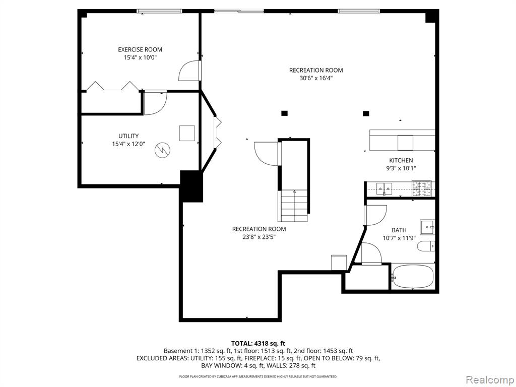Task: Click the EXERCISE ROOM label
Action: (x=140, y=50)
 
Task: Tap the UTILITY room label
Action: (x=128, y=136)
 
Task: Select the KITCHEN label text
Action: (x=401, y=161)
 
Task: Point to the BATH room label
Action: (x=399, y=230)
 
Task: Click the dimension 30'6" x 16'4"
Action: (x=316, y=78)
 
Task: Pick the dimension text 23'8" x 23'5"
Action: (x=259, y=237)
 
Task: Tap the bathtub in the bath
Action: (x=413, y=277)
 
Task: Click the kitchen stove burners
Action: (x=422, y=189)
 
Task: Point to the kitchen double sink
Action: (x=384, y=189)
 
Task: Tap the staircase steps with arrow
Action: (x=294, y=206)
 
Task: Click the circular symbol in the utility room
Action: (x=163, y=150)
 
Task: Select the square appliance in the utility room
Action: (x=187, y=133)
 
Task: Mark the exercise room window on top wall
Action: (x=159, y=11)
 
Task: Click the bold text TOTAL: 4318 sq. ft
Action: (x=258, y=344)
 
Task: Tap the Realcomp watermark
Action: (x=489, y=380)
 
